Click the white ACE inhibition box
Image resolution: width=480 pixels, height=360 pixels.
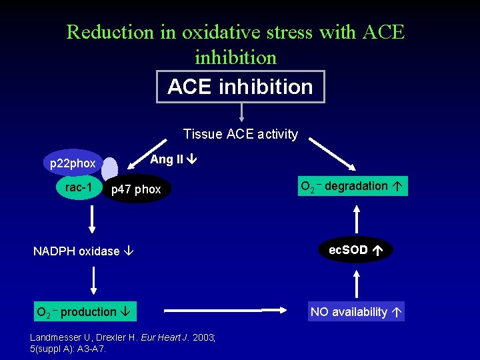click(x=240, y=87)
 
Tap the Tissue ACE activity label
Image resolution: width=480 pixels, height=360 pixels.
click(x=240, y=134)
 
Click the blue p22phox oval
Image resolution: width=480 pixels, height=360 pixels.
click(x=73, y=163)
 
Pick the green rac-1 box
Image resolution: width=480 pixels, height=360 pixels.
click(x=79, y=188)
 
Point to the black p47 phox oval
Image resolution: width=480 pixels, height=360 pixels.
click(x=136, y=189)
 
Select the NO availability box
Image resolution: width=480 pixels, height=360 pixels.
click(x=356, y=311)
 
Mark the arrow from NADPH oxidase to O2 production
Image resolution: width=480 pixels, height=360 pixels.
click(x=93, y=281)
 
